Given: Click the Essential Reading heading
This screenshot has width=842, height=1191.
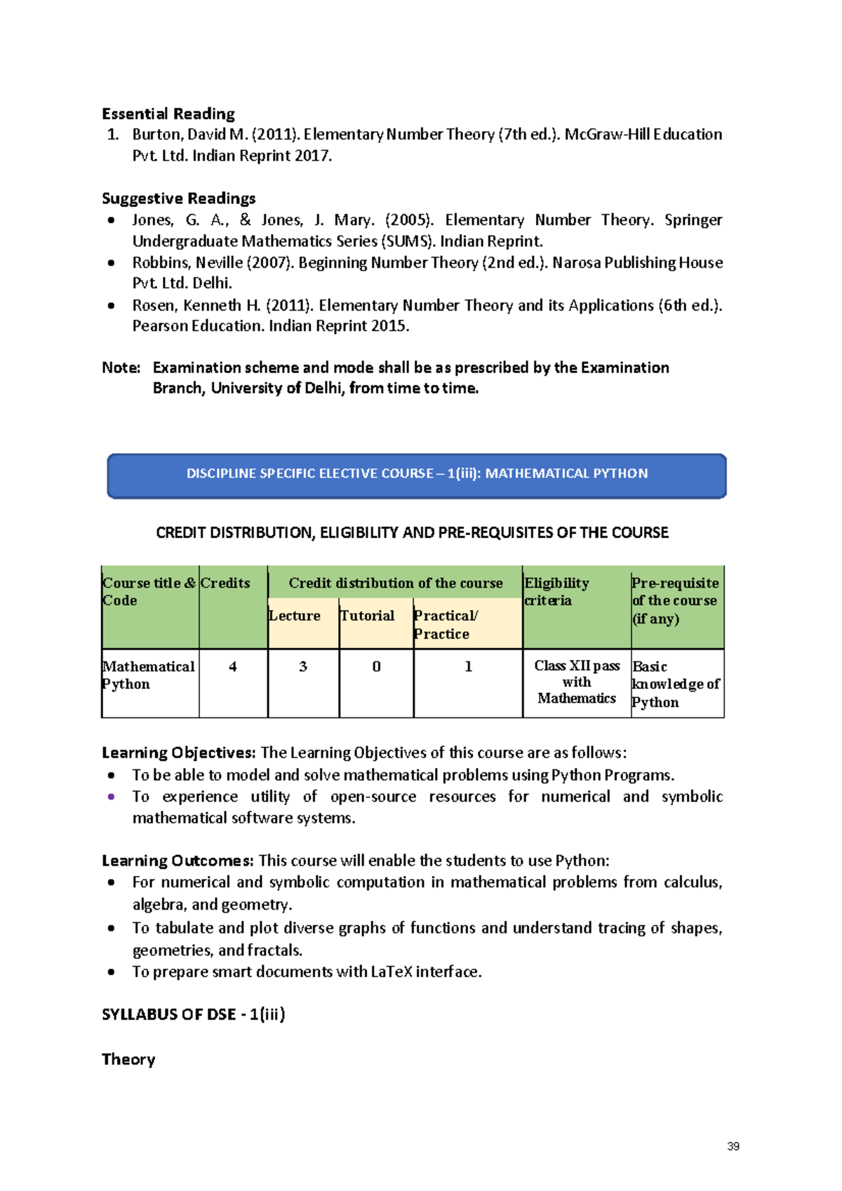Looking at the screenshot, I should (x=168, y=114).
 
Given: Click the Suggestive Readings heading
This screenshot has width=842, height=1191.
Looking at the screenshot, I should (x=178, y=198).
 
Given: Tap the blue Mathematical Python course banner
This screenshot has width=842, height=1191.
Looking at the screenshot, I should (x=416, y=475).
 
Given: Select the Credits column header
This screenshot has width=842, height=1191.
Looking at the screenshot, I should (x=225, y=584).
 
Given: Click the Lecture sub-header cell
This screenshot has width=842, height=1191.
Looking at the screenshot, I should (x=295, y=616).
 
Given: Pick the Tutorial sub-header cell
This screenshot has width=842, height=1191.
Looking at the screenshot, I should (x=368, y=616).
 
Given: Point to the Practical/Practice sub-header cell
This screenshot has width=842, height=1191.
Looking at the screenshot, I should (x=446, y=624).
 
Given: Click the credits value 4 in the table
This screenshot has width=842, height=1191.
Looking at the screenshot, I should (x=233, y=667).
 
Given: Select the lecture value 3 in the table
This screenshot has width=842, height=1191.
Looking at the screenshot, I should (x=303, y=667).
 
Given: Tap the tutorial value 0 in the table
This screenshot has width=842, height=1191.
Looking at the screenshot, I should (x=376, y=667).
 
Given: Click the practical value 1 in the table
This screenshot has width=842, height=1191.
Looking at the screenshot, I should (x=468, y=667).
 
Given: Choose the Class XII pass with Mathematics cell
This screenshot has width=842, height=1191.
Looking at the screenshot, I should (x=577, y=682).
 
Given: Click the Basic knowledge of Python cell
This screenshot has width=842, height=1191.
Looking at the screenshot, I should (x=676, y=684).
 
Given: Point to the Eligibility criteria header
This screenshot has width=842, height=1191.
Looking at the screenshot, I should (x=557, y=591).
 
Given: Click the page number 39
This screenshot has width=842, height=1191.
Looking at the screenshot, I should (x=733, y=1146).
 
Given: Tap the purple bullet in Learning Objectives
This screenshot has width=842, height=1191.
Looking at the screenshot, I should (x=111, y=797).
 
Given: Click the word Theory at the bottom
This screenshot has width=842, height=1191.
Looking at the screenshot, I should (x=128, y=1059).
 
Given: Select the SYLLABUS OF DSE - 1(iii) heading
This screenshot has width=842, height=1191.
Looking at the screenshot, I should (x=194, y=1014).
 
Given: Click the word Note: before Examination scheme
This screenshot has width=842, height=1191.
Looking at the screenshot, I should (x=121, y=368).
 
